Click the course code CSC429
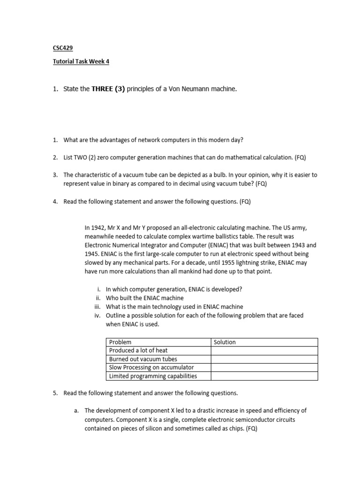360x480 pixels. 62,48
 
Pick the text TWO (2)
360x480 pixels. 85,157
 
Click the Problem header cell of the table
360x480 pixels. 120,342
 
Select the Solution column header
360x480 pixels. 225,342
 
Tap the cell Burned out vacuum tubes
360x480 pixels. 143,359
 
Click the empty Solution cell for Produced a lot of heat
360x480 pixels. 264,351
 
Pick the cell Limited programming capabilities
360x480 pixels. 153,376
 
